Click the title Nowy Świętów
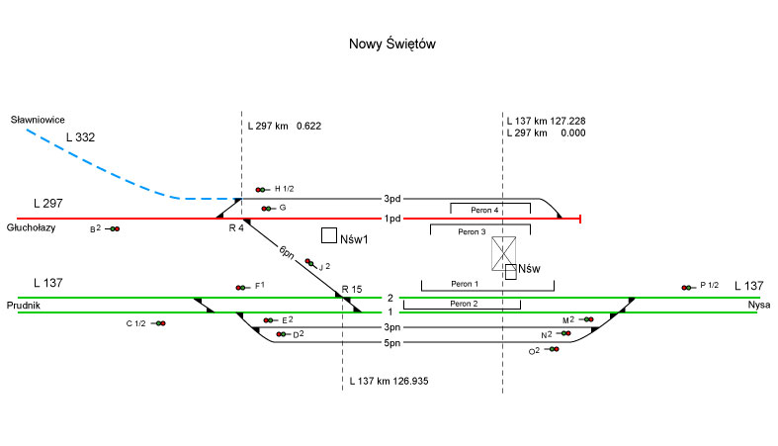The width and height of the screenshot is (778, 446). [x=392, y=45]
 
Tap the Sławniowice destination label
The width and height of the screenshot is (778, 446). [x=38, y=119]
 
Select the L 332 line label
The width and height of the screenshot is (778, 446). [x=80, y=137]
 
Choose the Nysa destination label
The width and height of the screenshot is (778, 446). [x=759, y=305]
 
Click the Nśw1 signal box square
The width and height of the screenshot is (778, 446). [x=329, y=236]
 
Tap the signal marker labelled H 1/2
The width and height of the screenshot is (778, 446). [x=261, y=189]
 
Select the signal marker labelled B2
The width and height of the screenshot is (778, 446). [x=115, y=229]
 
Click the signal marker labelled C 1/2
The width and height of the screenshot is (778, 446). [x=160, y=323]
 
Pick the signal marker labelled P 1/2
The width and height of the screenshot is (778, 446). [x=686, y=287]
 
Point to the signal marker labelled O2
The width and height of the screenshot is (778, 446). [x=553, y=349]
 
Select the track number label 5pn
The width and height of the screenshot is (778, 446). [x=392, y=342]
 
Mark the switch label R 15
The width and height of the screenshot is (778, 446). [x=353, y=289]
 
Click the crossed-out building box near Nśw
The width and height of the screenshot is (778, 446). [x=506, y=254]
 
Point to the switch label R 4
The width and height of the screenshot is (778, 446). [x=236, y=228]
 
